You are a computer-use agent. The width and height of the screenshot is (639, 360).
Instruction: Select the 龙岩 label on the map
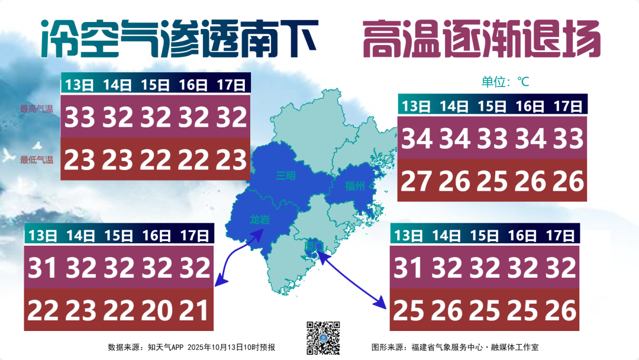pyautogui.click(x=259, y=220)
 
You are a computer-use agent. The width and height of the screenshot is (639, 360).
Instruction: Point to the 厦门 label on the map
pyautogui.click(x=313, y=245)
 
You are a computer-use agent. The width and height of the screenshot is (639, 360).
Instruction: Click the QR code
pyautogui.click(x=323, y=337)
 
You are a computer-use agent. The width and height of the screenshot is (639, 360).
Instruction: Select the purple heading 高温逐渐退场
pyautogui.click(x=481, y=39)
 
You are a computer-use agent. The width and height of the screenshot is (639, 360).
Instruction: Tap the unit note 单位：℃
pyautogui.click(x=505, y=82)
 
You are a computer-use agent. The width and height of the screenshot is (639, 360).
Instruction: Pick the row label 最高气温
pyautogui.click(x=37, y=108)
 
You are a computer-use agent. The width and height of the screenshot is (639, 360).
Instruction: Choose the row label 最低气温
pyautogui.click(x=37, y=160)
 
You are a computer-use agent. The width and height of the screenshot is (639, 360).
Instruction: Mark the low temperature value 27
pyautogui.click(x=417, y=181)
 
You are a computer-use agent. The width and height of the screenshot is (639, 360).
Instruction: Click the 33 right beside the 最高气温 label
pyautogui.click(x=80, y=118)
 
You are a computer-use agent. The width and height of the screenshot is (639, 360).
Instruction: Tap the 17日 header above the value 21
pyautogui.click(x=195, y=236)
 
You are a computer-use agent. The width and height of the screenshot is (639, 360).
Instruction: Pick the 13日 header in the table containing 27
pyautogui.click(x=416, y=107)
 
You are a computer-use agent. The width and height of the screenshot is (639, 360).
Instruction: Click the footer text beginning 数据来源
pyautogui.click(x=191, y=347)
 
